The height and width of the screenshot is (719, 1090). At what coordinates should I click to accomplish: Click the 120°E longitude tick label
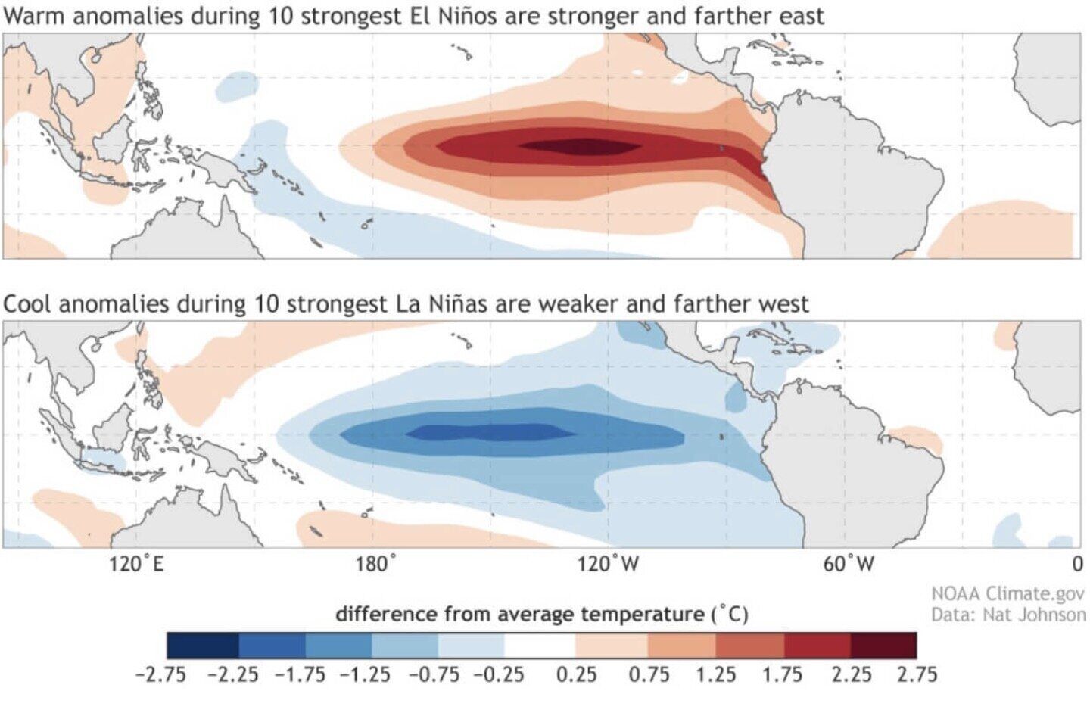click(135, 564)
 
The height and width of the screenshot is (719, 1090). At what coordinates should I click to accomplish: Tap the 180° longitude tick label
click(376, 564)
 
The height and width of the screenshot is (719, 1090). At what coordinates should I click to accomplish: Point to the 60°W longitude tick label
click(849, 564)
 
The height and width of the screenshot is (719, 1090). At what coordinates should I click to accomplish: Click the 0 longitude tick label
click(1076, 564)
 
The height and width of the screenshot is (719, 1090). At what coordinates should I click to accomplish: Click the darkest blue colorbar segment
click(202, 646)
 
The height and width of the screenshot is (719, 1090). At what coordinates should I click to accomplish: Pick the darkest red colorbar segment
click(883, 646)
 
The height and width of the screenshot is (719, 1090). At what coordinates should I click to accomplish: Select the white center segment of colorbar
click(540, 646)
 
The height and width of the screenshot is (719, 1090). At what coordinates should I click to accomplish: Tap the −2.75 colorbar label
click(160, 674)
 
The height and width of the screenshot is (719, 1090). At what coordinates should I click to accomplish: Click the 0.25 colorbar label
click(576, 674)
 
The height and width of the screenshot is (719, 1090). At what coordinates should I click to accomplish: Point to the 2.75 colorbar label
click(917, 674)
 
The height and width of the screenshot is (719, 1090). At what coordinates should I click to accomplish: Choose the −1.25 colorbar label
click(366, 674)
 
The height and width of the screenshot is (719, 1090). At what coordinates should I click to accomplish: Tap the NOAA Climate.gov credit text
click(1007, 594)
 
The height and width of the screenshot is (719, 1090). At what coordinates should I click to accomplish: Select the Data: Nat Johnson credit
click(1007, 615)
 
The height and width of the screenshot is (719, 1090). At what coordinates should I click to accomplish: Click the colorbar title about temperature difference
click(541, 614)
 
